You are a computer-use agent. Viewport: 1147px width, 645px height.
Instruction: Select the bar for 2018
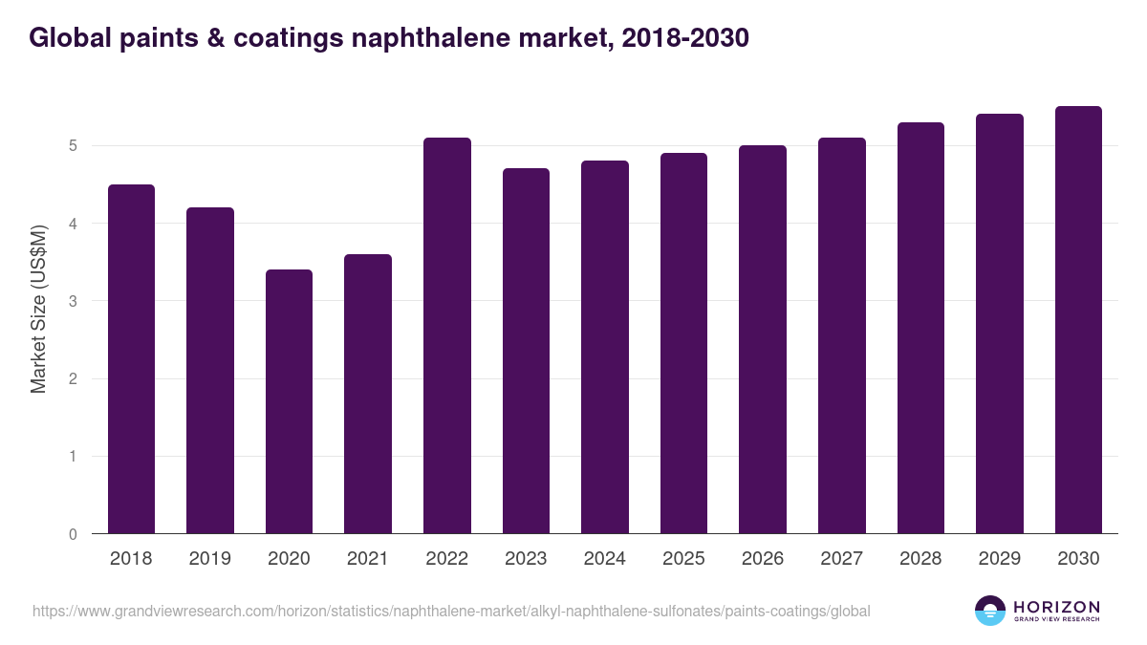[131, 358]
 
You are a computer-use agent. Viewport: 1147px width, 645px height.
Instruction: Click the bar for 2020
[289, 401]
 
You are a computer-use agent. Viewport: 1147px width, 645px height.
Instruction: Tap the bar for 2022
[447, 335]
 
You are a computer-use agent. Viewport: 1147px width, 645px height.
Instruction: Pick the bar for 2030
[1078, 320]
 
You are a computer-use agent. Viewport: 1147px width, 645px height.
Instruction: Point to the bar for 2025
[683, 343]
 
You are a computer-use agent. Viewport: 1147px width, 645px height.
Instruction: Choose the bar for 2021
[368, 394]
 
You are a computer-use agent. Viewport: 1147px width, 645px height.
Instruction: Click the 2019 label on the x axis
[209, 559]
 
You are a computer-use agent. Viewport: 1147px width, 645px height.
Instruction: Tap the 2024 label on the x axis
[604, 559]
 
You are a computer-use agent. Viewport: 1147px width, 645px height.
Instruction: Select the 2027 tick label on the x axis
[841, 559]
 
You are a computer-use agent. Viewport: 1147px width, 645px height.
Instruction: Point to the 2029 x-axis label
[999, 559]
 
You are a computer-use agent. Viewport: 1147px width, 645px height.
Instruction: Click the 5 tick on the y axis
[73, 146]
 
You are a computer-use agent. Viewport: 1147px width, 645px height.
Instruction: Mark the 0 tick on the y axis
[73, 534]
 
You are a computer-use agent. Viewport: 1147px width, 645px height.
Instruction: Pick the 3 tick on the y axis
[73, 301]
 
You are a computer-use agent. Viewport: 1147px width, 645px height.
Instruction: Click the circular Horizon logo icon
[989, 611]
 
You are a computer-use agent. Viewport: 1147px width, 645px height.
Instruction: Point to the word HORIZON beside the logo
[1056, 607]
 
